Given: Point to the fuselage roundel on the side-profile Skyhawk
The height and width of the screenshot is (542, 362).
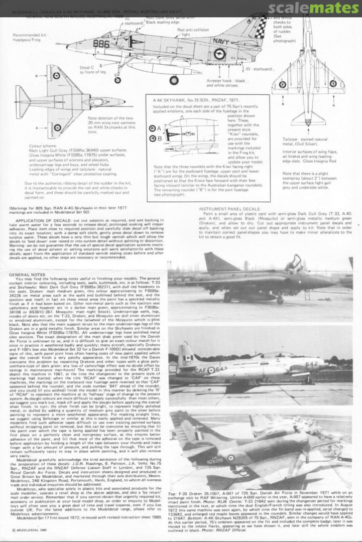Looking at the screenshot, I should [x=219, y=53].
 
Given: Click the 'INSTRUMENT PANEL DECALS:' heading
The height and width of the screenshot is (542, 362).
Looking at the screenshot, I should [x=230, y=208].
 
